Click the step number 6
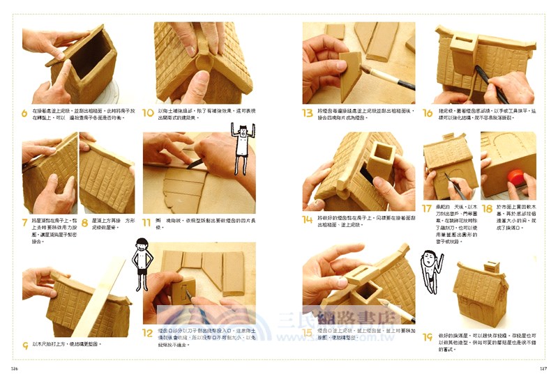[25, 113]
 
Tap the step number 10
[148, 113]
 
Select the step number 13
[307, 113]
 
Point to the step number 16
[428, 113]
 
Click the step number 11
[147, 223]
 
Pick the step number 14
[307, 219]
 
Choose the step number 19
[428, 338]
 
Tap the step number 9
[25, 345]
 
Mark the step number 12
[148, 333]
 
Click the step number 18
[487, 208]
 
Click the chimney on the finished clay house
[492, 267]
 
